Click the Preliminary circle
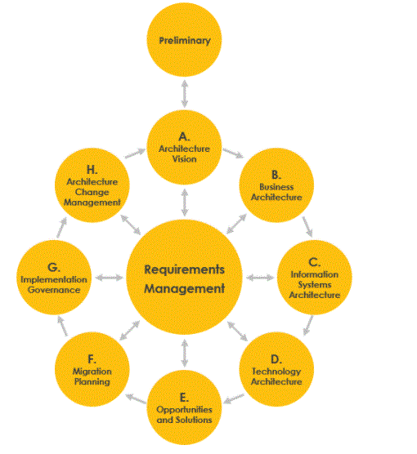(x=184, y=40)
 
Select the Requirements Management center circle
(x=184, y=277)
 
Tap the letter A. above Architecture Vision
(x=184, y=136)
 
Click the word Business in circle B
(x=276, y=187)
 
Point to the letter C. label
(x=315, y=262)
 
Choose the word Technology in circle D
(x=276, y=372)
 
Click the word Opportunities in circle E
(x=184, y=410)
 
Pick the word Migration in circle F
(x=92, y=372)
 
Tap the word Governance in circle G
(x=54, y=290)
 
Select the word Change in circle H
(x=92, y=192)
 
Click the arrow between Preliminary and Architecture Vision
(x=185, y=94)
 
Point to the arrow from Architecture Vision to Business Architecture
(x=233, y=154)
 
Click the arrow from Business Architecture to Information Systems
(x=307, y=227)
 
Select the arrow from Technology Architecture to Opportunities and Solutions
(x=234, y=398)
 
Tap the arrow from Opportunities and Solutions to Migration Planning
(x=136, y=398)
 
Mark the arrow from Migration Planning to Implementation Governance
(x=62, y=326)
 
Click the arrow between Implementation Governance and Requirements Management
(x=109, y=278)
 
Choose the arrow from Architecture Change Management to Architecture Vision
(x=135, y=154)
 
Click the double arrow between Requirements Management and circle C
(x=260, y=278)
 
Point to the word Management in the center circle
(x=185, y=289)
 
